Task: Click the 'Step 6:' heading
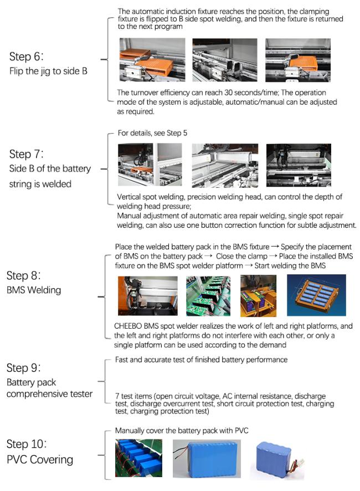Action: (x=28, y=57)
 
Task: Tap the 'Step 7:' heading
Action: (x=28, y=154)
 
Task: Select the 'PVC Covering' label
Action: (x=39, y=459)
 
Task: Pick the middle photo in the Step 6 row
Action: (x=224, y=60)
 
